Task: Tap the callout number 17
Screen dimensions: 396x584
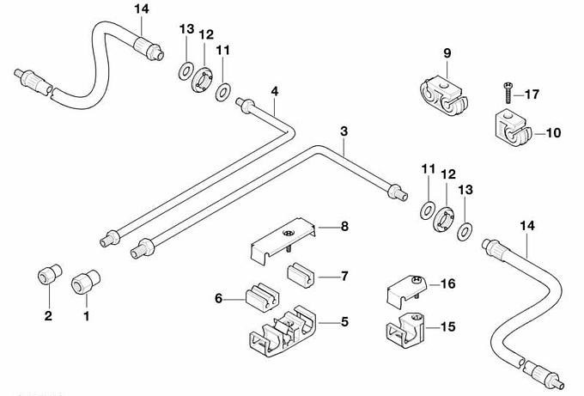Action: pos(532,94)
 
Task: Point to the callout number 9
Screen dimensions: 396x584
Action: pos(447,53)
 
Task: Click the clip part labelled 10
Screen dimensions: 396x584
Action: pos(514,128)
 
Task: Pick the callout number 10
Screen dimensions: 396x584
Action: pos(553,132)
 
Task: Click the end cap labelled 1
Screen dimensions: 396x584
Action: pos(83,280)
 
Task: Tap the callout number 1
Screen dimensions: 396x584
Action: pos(86,316)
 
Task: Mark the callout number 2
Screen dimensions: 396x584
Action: pos(48,316)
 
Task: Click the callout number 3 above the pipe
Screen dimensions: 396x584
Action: pos(344,131)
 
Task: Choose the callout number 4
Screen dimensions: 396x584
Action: pos(274,91)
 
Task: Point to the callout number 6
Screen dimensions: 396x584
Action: pos(219,298)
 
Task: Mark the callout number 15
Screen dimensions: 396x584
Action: pos(449,326)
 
